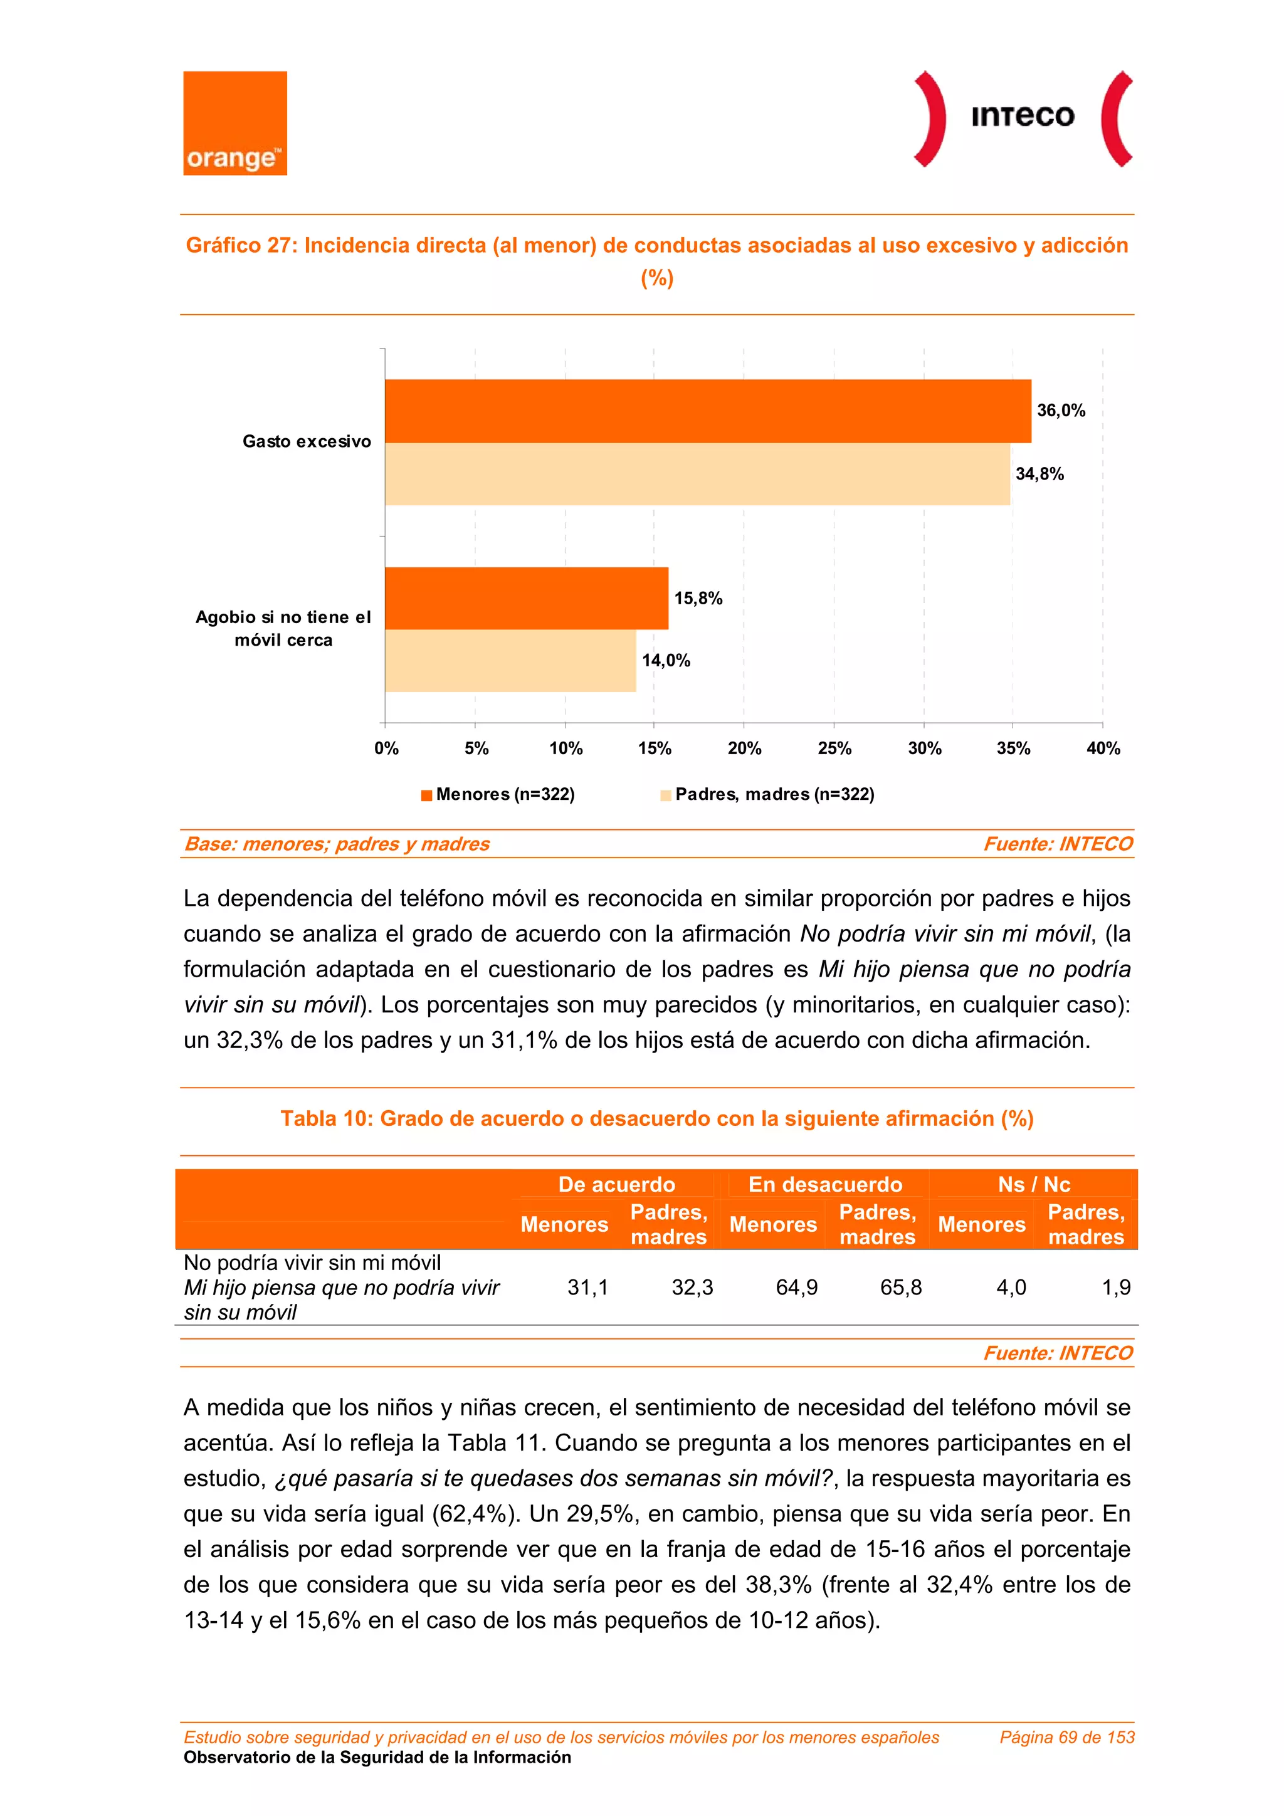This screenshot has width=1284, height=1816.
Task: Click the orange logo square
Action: (235, 123)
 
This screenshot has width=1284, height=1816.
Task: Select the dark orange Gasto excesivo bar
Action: (707, 411)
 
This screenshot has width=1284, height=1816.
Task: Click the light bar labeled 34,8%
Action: (697, 474)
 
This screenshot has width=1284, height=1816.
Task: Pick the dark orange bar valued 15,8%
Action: (526, 598)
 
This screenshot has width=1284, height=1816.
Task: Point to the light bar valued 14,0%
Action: (510, 661)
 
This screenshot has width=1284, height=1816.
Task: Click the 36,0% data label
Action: (1061, 411)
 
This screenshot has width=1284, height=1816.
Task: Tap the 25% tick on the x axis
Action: (834, 748)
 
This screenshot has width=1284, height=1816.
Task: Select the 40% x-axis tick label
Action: (1103, 748)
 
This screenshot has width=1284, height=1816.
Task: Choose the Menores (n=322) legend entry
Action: (498, 794)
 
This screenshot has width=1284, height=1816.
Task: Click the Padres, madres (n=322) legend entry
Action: (767, 794)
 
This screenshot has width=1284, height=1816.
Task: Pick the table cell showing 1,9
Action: (1115, 1288)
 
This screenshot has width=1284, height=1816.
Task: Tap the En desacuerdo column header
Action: (824, 1184)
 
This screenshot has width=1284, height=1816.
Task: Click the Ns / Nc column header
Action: (1033, 1184)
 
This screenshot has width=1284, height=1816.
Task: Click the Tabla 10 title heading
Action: (656, 1118)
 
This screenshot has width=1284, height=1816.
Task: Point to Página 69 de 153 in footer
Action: (1066, 1737)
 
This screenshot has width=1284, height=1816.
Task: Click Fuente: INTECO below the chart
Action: (1057, 844)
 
